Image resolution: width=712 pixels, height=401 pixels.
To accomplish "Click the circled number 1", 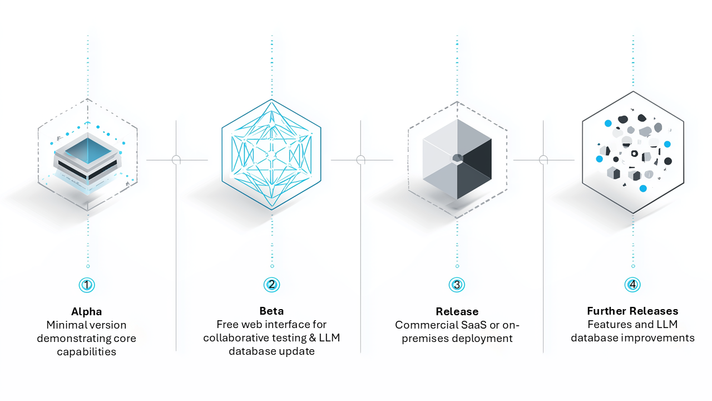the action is (x=87, y=285).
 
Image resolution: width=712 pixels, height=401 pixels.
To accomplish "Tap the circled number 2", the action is (x=271, y=285).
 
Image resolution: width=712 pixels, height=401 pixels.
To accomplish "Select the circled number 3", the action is (x=457, y=285).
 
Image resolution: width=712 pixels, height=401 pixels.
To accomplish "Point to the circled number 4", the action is (x=632, y=285).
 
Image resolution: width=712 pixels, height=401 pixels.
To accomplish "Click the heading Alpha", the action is (x=87, y=312).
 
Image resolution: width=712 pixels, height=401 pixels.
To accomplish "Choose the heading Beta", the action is (x=271, y=311).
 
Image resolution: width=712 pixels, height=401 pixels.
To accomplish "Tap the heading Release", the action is (x=457, y=312).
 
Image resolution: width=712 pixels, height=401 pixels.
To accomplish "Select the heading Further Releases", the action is (x=632, y=311).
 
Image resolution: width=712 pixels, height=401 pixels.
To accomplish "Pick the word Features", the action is (x=609, y=325).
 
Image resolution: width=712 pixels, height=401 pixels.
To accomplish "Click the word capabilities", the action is (x=87, y=352).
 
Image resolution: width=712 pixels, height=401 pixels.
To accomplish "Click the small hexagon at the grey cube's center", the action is (x=457, y=158).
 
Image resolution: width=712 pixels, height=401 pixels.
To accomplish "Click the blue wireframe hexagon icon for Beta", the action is (x=271, y=154).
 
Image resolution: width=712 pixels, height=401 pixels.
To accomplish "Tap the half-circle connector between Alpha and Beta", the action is (x=176, y=160).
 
